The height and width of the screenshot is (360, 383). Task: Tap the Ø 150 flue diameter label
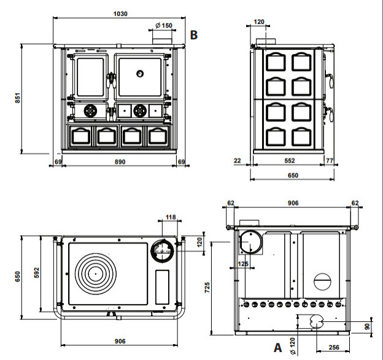point(163,25)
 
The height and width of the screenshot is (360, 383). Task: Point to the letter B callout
point(194,34)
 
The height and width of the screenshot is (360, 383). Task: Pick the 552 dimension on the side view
point(290,161)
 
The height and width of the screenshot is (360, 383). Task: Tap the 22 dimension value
point(238,161)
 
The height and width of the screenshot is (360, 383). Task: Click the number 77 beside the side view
point(330,161)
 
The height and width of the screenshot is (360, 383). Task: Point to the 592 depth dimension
point(36,270)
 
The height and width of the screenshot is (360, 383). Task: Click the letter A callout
point(277,348)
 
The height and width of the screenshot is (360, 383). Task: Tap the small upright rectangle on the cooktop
point(163,286)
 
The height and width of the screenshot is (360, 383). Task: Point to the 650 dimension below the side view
point(293,175)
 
